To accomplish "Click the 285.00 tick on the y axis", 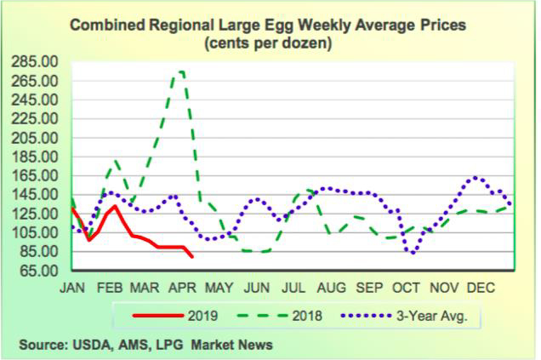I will (34, 62).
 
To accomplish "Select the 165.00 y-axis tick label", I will (34, 175).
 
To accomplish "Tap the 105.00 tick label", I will (34, 232).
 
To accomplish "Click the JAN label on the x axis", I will (74, 289).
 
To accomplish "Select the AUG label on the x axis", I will (331, 289).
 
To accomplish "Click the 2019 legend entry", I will (202, 316).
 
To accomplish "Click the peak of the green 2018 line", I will (180, 71).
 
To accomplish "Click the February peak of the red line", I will (114, 206).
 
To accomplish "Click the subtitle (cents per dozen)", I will (268, 42).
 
